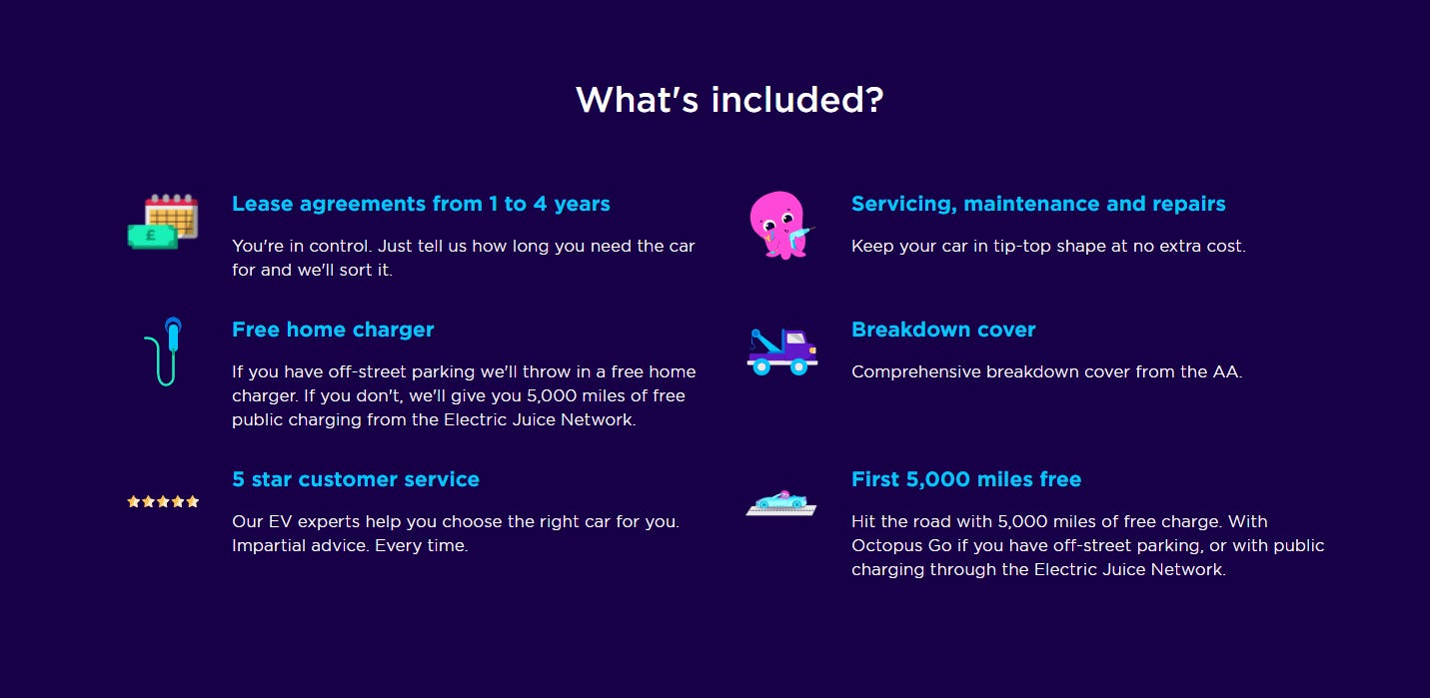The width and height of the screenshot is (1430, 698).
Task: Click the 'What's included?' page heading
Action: [729, 100]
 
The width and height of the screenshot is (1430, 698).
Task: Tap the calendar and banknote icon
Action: [163, 222]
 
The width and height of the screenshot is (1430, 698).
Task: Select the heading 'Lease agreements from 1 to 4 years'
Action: [421, 204]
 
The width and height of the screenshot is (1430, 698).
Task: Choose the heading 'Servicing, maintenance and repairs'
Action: [1038, 204]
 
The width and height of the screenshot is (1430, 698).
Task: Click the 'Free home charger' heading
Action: [333, 330]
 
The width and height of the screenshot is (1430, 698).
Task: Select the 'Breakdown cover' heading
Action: [943, 330]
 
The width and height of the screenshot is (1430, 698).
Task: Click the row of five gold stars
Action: [163, 501]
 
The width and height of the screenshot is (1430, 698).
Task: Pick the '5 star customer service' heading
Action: [356, 479]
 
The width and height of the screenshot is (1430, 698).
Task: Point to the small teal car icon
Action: [781, 501]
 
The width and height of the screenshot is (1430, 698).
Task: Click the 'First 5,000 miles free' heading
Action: [966, 479]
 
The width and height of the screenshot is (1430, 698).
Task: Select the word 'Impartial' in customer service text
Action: [268, 545]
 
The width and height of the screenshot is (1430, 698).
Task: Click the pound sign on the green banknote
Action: [150, 237]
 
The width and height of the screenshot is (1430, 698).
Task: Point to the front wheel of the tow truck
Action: [798, 366]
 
